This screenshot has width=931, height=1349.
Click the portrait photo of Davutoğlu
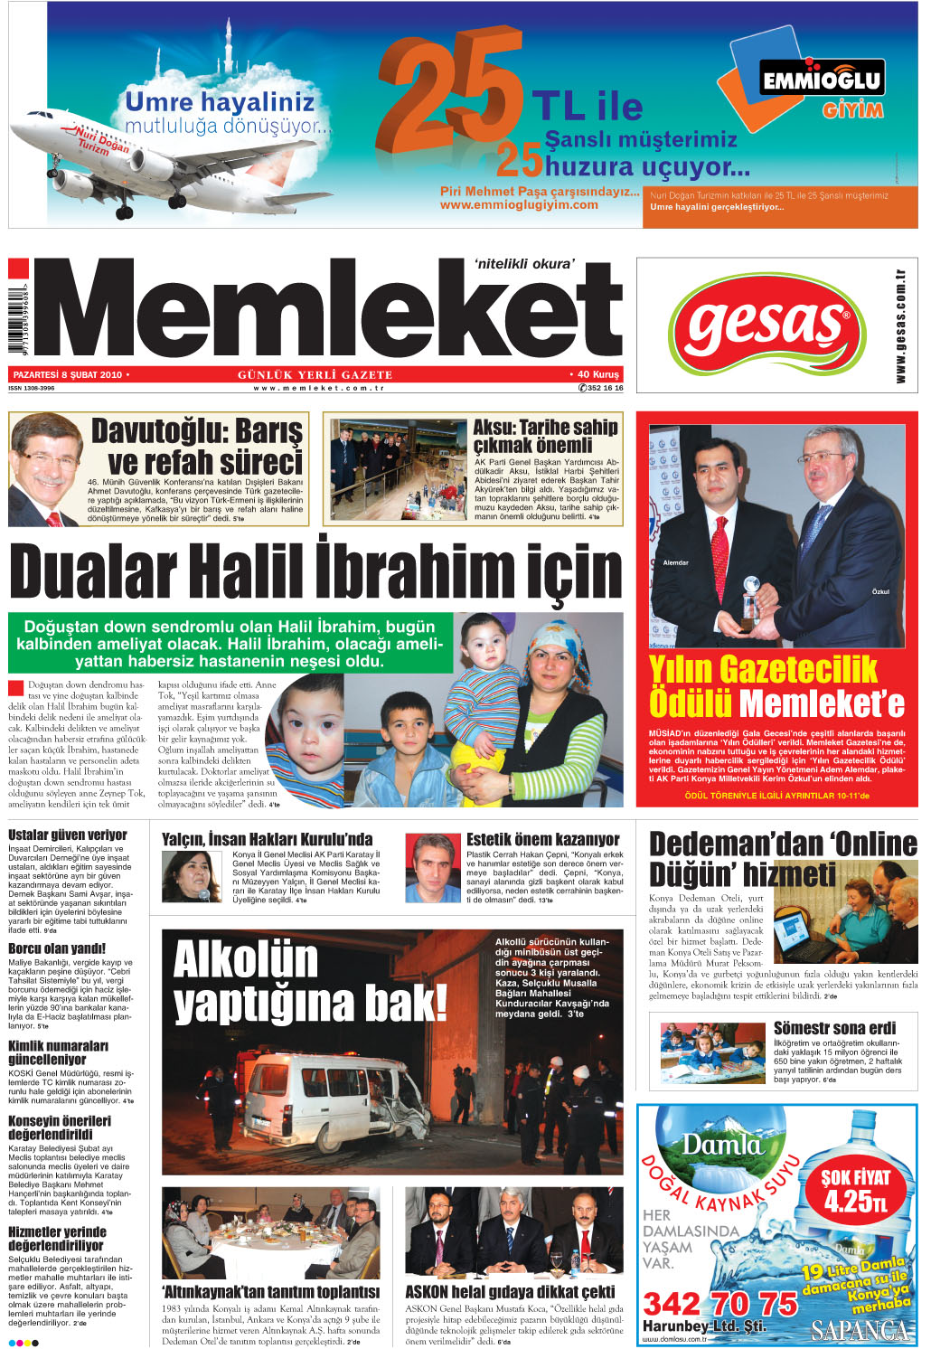click(44, 469)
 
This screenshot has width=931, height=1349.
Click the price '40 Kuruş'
click(596, 374)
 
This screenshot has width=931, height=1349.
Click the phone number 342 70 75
click(719, 1303)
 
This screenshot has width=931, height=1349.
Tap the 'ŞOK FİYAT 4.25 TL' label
click(855, 1189)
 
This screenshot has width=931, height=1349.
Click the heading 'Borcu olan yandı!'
click(57, 948)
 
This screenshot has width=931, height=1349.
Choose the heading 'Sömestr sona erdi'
click(834, 1028)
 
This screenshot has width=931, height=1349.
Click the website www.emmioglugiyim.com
click(519, 205)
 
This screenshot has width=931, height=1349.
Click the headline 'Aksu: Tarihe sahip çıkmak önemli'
click(546, 436)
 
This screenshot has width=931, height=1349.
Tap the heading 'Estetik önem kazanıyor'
click(542, 839)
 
